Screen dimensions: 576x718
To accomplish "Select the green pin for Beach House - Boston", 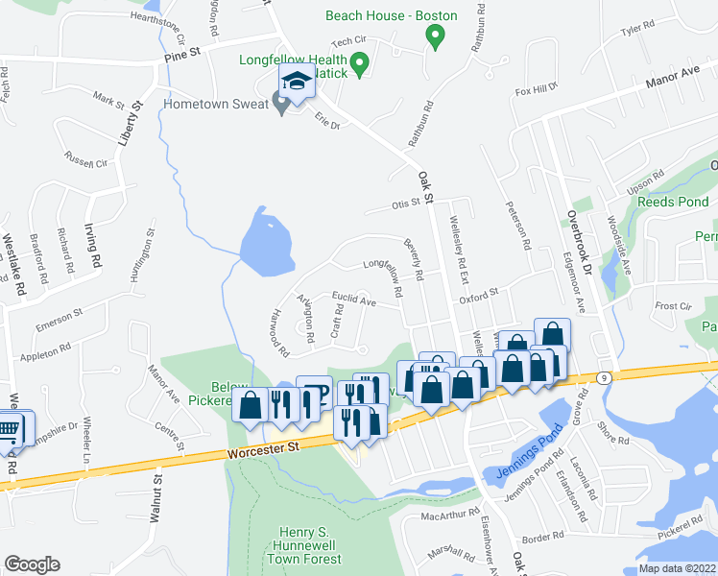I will (434, 36).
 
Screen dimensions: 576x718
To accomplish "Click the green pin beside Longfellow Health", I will (360, 64).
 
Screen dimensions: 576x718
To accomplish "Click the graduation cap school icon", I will (296, 84).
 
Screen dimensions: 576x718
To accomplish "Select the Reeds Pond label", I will (674, 203).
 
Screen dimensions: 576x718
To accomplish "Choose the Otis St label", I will (407, 203).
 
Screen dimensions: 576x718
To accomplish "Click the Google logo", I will (32, 564).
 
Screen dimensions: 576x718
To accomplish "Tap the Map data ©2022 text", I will (676, 568).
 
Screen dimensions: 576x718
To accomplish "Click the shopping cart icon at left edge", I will (8, 428).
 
